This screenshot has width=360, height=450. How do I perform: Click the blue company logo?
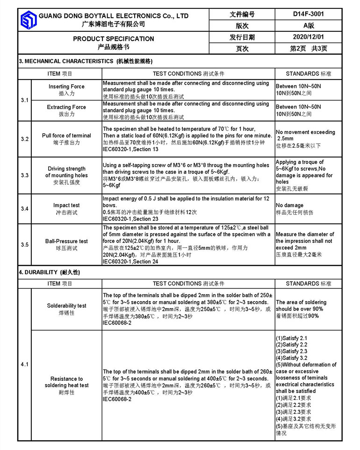point(28,20)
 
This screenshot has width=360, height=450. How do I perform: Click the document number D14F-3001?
point(308,14)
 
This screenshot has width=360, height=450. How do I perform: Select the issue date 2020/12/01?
point(308,37)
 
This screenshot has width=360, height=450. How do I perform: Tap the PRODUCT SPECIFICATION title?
point(113,39)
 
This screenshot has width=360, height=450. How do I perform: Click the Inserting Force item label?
point(66,87)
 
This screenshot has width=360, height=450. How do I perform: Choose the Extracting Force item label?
point(66,107)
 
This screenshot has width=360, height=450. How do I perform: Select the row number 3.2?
point(24,139)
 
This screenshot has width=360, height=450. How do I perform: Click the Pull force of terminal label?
point(66,136)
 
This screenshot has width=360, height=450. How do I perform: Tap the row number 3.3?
point(24,175)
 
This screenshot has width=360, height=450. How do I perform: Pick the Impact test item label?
point(66,205)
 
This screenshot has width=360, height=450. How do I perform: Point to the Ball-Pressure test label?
point(66,241)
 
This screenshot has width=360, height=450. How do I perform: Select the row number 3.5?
point(24,245)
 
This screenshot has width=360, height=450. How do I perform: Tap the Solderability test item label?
point(66,306)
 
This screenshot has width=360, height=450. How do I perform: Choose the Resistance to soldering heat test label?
point(66,382)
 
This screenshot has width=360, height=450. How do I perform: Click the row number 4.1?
point(24,364)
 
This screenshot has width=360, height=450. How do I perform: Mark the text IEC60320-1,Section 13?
point(130,149)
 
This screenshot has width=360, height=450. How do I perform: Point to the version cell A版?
point(308,25)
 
